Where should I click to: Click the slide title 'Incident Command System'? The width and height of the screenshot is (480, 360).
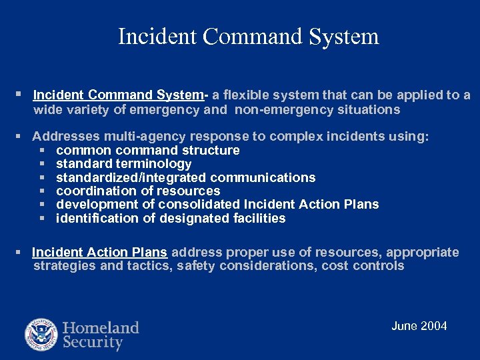click(248, 36)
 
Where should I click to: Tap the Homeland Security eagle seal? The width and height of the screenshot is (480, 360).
click(41, 335)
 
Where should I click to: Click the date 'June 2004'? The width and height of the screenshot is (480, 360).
click(419, 326)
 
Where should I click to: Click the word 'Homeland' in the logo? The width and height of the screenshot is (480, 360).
click(101, 328)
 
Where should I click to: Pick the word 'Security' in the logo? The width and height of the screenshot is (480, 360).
click(93, 343)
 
